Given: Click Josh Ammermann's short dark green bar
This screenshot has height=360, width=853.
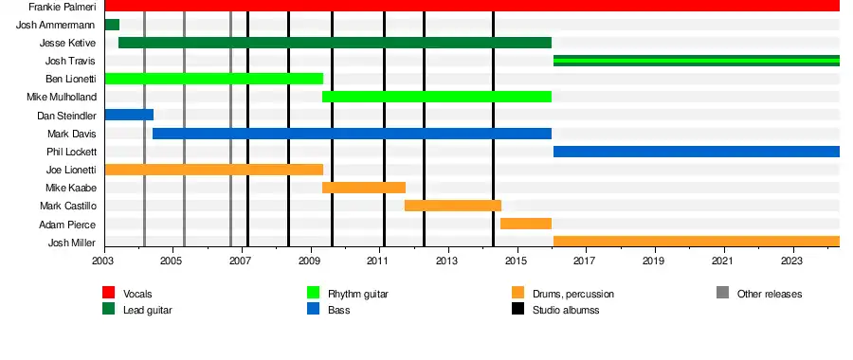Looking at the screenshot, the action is click(112, 25).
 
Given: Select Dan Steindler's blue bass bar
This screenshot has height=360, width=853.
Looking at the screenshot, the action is click(129, 115).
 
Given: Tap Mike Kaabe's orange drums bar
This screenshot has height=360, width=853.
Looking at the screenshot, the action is click(364, 188).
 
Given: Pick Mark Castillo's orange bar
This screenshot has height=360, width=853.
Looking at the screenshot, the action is click(453, 206).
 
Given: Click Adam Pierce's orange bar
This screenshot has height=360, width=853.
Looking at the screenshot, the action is click(526, 224).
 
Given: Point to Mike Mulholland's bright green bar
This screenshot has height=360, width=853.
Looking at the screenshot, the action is click(437, 97).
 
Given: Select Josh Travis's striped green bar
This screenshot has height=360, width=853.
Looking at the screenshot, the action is click(697, 61).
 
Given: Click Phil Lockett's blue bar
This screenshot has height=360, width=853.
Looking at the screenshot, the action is click(697, 152).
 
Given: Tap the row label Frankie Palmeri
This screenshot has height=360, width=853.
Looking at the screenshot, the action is click(63, 7).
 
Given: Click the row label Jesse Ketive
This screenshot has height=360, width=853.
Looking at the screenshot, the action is click(68, 43).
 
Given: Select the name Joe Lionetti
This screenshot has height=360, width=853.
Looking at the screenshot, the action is click(71, 171).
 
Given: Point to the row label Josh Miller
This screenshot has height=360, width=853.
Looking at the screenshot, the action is click(72, 243).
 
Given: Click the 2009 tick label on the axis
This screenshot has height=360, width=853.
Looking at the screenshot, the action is click(309, 261).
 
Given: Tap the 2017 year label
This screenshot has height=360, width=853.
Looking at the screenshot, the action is click(585, 261).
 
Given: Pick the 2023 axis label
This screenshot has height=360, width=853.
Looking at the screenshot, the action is click(791, 261).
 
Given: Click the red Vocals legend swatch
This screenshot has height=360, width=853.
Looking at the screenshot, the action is click(109, 293).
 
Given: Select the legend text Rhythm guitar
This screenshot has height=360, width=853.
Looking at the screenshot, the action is click(358, 295).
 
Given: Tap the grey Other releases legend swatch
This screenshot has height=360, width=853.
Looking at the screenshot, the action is click(722, 293).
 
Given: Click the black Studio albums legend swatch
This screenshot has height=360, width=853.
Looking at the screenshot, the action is click(517, 309).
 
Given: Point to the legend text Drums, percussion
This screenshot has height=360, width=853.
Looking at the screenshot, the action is click(573, 295).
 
